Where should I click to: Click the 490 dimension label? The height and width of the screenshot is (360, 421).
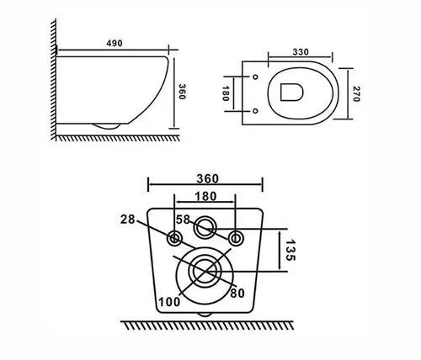click(x=115, y=43)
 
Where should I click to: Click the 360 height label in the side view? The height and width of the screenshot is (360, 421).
click(x=182, y=92)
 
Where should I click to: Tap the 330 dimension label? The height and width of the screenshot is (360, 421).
click(x=301, y=52)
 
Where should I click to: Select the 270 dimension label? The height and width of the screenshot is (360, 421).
click(x=356, y=93)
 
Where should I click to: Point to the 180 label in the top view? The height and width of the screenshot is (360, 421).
click(x=226, y=93)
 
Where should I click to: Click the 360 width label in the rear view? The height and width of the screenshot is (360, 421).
click(x=207, y=178)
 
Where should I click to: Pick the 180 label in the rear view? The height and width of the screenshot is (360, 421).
click(x=205, y=196)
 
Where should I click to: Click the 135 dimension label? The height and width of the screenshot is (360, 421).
click(x=290, y=250)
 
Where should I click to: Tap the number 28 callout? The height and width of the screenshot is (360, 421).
click(x=128, y=220)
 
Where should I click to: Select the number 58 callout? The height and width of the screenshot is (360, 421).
click(x=183, y=220)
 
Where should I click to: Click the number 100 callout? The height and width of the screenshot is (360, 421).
click(x=169, y=302)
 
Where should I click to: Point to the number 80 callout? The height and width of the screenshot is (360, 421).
click(x=237, y=294)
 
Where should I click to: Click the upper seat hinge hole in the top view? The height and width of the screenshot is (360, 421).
click(x=255, y=77)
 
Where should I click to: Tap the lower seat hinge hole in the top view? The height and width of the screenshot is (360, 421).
click(x=255, y=111)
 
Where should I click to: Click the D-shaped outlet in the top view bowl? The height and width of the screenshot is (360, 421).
click(x=291, y=92)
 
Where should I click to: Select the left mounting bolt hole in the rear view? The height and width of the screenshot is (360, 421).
click(x=174, y=239)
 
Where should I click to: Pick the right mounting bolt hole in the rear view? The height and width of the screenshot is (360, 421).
click(x=236, y=239)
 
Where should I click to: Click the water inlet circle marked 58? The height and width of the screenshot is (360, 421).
click(x=205, y=228)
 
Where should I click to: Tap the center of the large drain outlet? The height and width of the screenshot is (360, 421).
click(x=205, y=271)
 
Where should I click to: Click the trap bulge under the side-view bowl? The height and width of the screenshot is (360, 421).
click(x=107, y=126)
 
